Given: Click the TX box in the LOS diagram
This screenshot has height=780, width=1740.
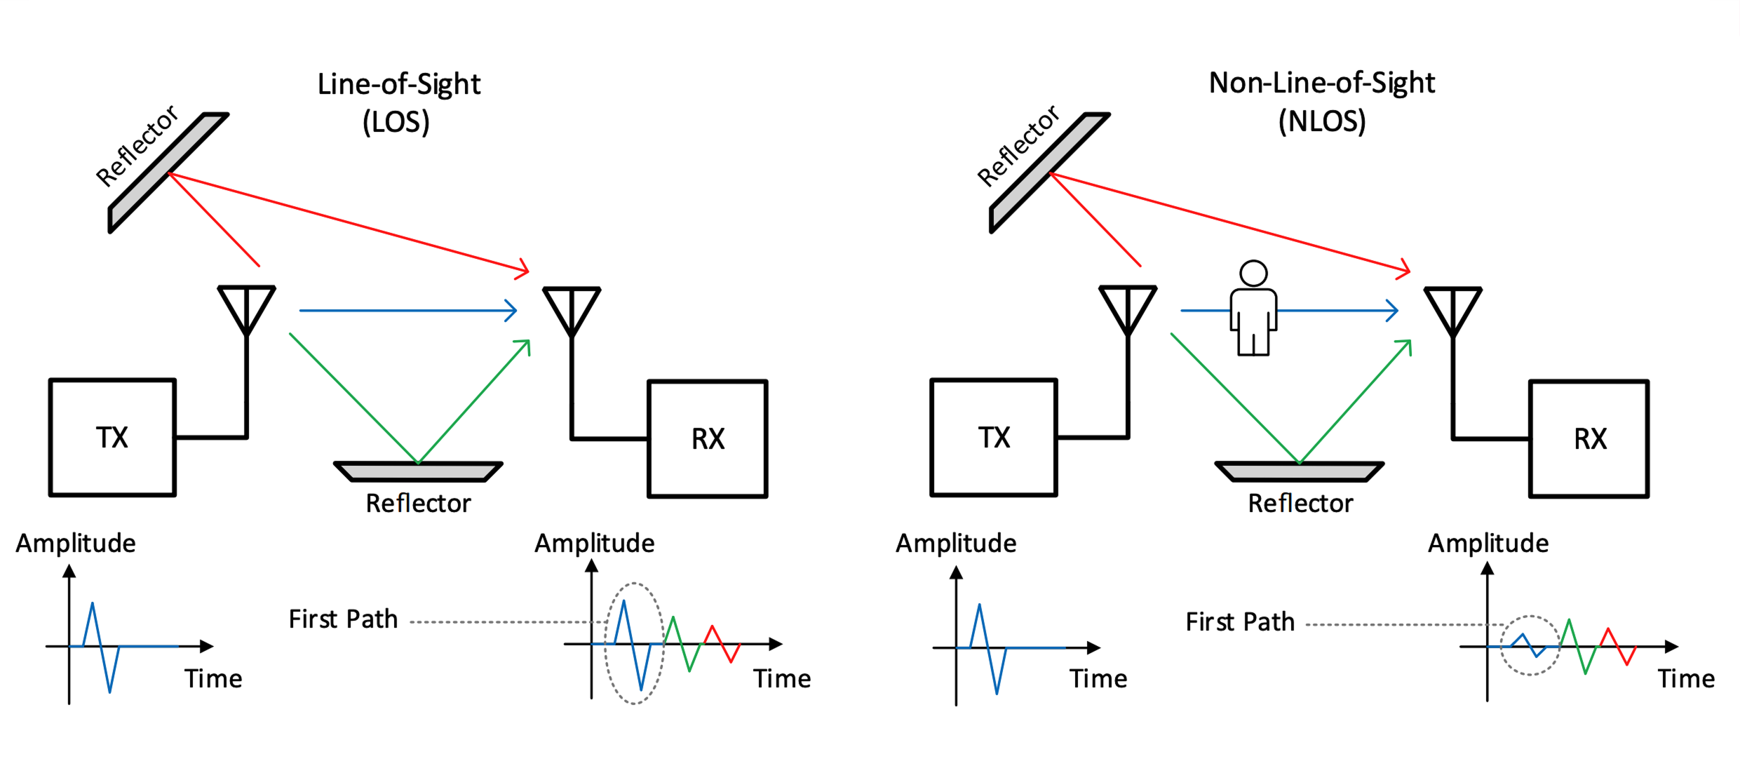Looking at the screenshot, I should pos(112,438).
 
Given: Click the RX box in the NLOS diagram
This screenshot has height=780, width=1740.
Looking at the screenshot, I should pos(1589,439).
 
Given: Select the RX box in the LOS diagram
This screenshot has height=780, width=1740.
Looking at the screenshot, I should pos(707,439).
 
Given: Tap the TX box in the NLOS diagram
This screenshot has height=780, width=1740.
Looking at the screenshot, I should pos(993,438).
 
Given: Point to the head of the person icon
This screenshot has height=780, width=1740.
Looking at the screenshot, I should pos(1253,273).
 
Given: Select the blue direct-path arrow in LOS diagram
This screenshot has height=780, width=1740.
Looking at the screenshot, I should pos(407,310).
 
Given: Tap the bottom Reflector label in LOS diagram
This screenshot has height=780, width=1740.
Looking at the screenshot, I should pos(418,503).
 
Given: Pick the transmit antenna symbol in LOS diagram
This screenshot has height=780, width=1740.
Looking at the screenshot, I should pos(246,309).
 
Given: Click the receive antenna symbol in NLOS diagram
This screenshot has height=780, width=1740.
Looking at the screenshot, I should pos(1452,311).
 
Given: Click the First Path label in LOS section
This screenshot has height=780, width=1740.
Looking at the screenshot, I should pos(343,619).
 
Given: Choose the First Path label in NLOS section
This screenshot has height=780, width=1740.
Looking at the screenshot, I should pos(1239,622).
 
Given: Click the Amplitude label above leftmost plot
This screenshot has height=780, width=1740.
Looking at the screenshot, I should pos(76,544).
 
